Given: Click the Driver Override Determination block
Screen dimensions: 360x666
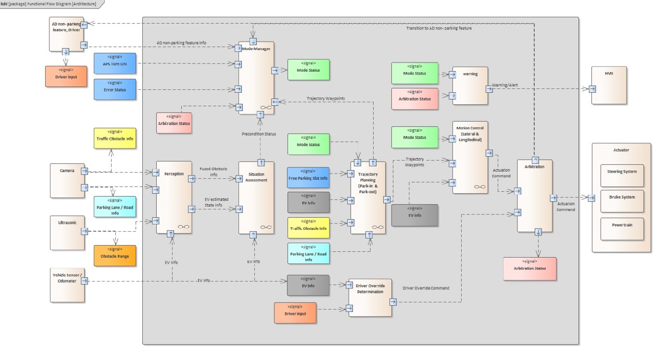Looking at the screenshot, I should pyautogui.click(x=370, y=298).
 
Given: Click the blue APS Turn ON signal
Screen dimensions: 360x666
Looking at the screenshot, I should pyautogui.click(x=115, y=63).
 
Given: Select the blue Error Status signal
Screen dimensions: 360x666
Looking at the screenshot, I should pyautogui.click(x=115, y=89).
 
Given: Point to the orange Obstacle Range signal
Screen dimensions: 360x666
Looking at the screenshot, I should pyautogui.click(x=115, y=256).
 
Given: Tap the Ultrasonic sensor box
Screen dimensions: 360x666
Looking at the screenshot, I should pyautogui.click(x=67, y=233).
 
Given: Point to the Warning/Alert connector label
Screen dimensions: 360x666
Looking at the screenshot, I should pyautogui.click(x=504, y=85).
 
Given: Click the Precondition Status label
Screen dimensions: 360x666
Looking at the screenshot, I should pyautogui.click(x=259, y=134).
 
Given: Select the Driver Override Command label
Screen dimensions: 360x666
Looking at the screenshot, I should pyautogui.click(x=426, y=288).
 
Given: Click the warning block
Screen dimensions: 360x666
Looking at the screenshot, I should pyautogui.click(x=470, y=86).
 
